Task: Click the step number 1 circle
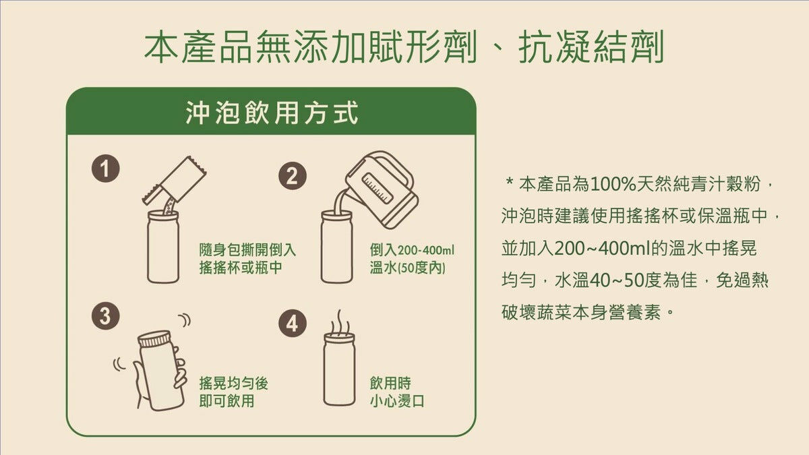[105, 169]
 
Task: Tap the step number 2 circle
[292, 176]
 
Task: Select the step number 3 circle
[105, 316]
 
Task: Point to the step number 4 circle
[292, 323]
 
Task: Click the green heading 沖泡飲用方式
[272, 113]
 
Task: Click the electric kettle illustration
[381, 189]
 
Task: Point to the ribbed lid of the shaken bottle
[154, 338]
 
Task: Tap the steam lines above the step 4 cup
[340, 322]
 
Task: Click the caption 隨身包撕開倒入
[247, 250]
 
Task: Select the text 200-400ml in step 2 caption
[425, 250]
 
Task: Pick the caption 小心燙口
[397, 401]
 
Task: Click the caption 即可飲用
[227, 401]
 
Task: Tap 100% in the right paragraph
[613, 185]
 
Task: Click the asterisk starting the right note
[509, 181]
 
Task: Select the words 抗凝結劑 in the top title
[591, 47]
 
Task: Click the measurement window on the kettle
[378, 188]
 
